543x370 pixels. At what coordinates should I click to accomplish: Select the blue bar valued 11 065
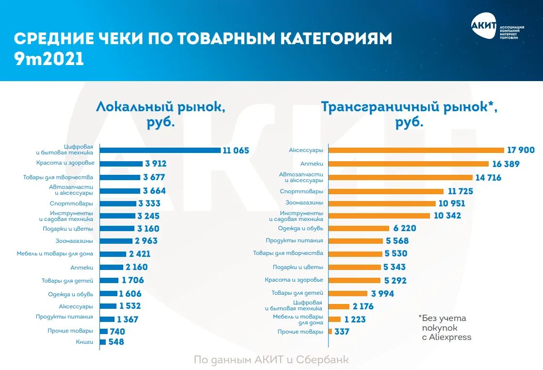point(160,151)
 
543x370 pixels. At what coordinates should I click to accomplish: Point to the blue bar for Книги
point(102,342)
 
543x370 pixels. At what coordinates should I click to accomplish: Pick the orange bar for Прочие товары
point(330,332)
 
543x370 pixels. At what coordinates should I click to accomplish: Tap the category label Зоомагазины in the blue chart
point(74,241)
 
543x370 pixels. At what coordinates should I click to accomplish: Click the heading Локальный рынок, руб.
point(161,113)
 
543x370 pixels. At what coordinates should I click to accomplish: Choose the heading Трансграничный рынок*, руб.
point(409,114)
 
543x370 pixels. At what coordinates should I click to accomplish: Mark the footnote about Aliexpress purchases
point(444,327)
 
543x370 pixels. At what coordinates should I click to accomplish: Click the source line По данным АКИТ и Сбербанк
point(271,360)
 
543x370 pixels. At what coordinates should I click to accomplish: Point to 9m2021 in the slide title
point(49,59)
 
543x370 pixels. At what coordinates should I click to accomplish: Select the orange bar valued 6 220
point(359,228)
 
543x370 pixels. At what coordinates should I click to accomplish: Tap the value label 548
point(116,342)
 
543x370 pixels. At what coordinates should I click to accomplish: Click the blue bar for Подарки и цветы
point(117,228)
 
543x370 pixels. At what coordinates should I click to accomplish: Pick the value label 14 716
point(488,178)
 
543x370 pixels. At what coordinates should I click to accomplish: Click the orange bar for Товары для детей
point(348,293)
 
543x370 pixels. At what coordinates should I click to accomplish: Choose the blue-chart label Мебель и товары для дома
point(55,254)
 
